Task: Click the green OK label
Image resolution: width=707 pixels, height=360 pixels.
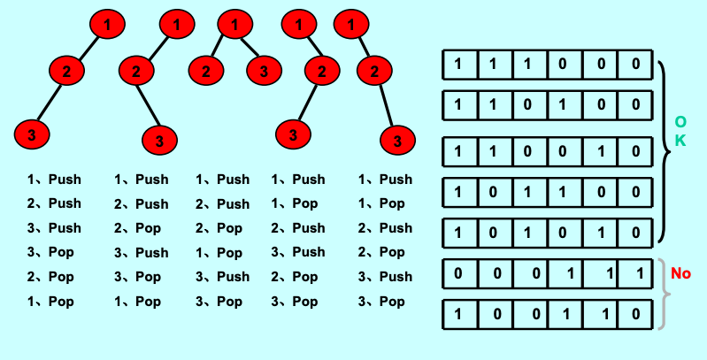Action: tap(680, 131)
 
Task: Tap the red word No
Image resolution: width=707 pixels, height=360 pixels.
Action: tap(680, 273)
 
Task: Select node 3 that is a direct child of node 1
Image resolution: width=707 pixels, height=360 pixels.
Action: tap(265, 71)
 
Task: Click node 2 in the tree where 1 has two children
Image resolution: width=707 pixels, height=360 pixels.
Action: tap(206, 71)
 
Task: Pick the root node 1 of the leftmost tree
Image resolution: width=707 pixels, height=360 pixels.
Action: tap(107, 25)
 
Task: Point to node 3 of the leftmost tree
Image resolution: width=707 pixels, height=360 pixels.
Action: tap(32, 134)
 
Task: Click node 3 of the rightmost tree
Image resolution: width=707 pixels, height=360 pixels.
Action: tap(397, 141)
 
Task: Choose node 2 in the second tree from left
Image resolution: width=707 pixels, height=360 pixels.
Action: tap(136, 71)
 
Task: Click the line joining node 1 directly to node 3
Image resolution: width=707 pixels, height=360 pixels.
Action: tap(249, 47)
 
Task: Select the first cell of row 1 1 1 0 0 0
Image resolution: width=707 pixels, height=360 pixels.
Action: tap(460, 65)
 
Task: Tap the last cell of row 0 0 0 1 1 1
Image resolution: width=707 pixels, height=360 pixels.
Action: tap(635, 273)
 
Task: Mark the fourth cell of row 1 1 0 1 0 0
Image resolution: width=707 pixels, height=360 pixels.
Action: tap(565, 105)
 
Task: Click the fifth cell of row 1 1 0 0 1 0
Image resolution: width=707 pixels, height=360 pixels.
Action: tap(601, 151)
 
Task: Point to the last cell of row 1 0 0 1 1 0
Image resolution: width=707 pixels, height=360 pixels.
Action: tap(635, 314)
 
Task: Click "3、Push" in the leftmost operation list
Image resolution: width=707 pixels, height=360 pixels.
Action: tap(54, 228)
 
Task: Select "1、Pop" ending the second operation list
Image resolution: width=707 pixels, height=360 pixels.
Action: tap(137, 302)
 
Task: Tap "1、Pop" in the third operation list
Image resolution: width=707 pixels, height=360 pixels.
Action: tap(219, 253)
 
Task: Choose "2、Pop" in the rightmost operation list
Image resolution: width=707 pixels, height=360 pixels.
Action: tap(381, 252)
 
